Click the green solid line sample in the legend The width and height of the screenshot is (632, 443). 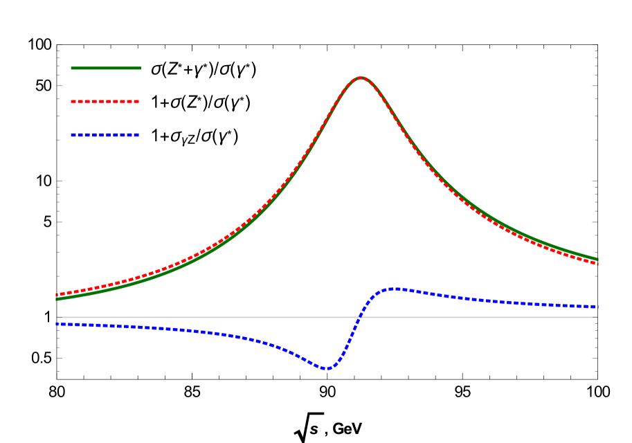point(106,68)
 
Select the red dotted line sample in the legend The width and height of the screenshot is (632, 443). point(105,102)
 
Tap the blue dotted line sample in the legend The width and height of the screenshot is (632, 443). point(105,135)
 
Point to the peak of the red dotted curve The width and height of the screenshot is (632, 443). point(360,78)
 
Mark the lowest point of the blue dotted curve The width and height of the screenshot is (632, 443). point(327,369)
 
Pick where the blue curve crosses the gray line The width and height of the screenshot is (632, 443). point(359,317)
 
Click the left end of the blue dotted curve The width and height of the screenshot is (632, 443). point(57,324)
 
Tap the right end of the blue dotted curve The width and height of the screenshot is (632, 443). point(597,306)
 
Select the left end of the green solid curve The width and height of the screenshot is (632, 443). point(57,299)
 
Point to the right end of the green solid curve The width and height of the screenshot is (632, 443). point(597,260)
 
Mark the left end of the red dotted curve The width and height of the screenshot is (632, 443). point(57,295)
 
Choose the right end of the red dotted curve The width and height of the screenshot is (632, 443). point(597,264)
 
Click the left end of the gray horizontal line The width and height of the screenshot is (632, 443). point(57,317)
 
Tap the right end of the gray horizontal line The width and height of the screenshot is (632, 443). point(597,317)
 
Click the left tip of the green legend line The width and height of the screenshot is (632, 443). point(71,68)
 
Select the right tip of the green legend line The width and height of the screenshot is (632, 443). point(141,68)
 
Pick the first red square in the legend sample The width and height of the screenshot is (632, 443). point(73,102)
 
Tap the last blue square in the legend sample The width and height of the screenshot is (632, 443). point(137,135)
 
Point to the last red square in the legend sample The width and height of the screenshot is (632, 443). point(137,102)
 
